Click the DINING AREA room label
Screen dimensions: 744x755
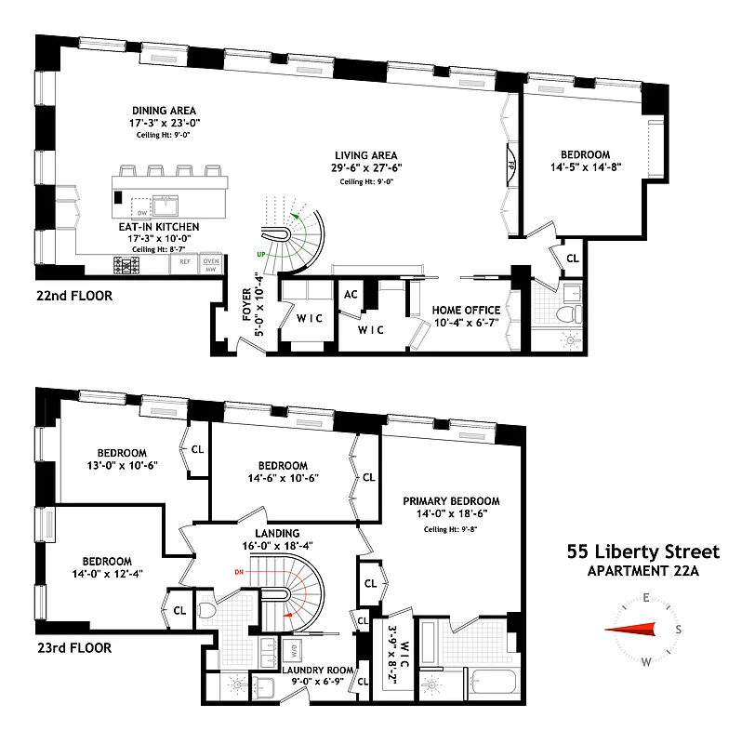(x=163, y=109)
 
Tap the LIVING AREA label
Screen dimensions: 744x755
(x=367, y=155)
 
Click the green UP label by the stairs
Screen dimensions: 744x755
(x=249, y=252)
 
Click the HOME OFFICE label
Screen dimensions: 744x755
(x=466, y=310)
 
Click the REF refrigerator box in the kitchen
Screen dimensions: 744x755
(x=184, y=263)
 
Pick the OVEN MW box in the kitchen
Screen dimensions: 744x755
(x=212, y=263)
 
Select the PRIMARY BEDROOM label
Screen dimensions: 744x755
(x=451, y=500)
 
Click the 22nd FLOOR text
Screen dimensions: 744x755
(x=73, y=297)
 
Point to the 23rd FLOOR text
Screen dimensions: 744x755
(x=73, y=647)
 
